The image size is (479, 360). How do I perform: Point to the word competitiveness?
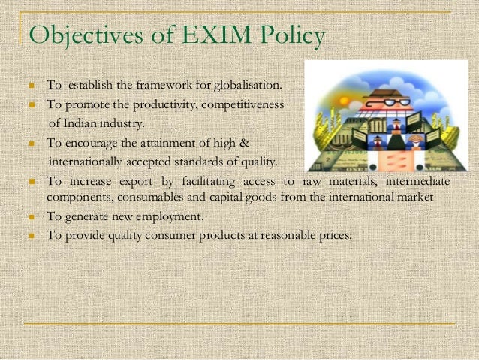(x=243, y=104)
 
